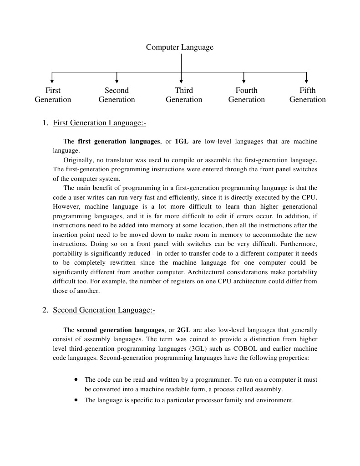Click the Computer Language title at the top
click(x=179, y=47)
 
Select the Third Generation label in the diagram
click(x=184, y=95)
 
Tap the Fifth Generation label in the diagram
click(x=307, y=95)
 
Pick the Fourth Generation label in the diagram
click(x=246, y=95)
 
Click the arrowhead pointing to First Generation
click(x=52, y=81)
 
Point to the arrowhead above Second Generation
click(x=117, y=81)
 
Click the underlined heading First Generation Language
click(x=99, y=123)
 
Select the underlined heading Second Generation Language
click(x=104, y=310)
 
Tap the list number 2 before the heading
click(x=45, y=310)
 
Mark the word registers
click(x=171, y=282)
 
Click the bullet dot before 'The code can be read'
click(x=76, y=379)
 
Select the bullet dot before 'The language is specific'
click(x=76, y=400)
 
